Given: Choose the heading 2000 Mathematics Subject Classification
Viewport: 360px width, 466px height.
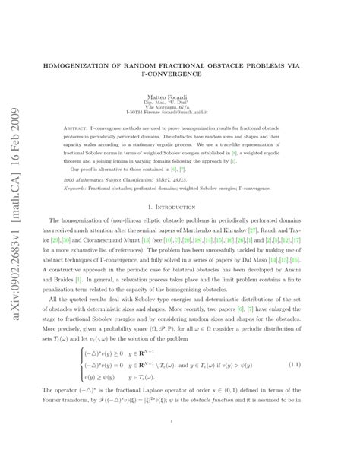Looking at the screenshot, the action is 114,178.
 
